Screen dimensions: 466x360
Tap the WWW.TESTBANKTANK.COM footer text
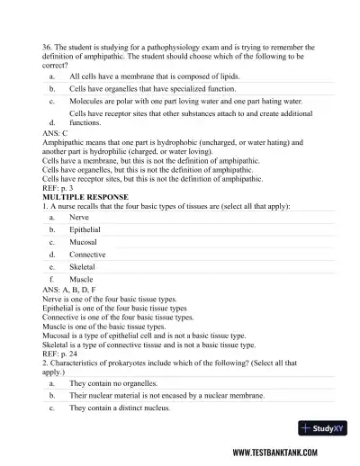coord(285,453)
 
